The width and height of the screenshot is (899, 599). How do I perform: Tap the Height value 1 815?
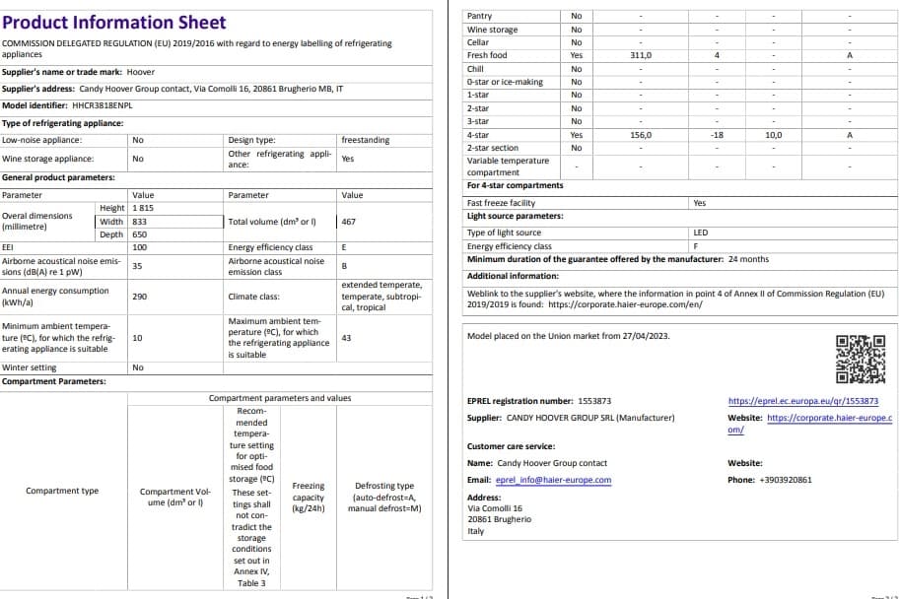tap(144, 208)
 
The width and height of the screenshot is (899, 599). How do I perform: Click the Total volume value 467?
tap(348, 222)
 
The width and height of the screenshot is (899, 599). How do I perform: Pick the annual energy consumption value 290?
tap(139, 296)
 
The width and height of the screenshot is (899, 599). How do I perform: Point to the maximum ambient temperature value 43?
tap(346, 338)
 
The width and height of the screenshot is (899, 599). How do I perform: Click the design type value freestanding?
tap(365, 140)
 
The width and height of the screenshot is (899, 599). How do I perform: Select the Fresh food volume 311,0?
tap(641, 55)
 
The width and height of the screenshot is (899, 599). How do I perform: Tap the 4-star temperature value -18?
tap(717, 134)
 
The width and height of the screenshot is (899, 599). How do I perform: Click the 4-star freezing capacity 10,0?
tap(773, 134)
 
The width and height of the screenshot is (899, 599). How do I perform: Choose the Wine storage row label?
tap(492, 30)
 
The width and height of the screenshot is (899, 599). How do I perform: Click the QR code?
tap(860, 360)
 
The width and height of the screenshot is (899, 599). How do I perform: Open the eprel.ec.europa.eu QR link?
tap(802, 401)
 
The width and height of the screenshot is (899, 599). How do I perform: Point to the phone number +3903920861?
tap(784, 480)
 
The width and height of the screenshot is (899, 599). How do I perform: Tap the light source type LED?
tap(701, 233)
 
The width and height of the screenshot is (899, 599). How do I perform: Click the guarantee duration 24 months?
tap(748, 259)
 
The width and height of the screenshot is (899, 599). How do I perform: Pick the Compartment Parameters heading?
tap(54, 381)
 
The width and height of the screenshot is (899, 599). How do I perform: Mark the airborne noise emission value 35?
tap(137, 265)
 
